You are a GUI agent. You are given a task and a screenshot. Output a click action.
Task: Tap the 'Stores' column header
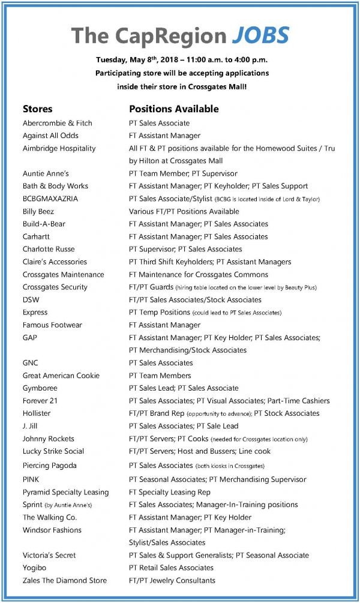37,109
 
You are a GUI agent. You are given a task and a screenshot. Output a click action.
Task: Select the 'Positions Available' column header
173,109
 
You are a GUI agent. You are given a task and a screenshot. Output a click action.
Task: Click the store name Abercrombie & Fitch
57,123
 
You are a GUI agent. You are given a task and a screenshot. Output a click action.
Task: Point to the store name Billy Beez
38,211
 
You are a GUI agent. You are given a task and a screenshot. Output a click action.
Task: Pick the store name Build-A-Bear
44,224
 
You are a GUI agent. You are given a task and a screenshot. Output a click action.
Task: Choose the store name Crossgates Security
55,287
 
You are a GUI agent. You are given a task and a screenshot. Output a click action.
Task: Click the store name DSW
31,299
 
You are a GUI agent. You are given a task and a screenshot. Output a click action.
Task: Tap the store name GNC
31,362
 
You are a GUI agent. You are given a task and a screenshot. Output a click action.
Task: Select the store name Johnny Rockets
48,439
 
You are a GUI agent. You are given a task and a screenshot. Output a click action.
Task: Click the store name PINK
31,479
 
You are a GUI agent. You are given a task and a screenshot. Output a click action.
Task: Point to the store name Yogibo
35,568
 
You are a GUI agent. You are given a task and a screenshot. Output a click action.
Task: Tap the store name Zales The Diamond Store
64,580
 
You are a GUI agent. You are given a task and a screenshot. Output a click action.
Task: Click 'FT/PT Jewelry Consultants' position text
172,580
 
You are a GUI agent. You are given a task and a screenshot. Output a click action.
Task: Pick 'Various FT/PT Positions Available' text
184,211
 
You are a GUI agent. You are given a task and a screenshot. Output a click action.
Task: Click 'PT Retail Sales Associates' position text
171,568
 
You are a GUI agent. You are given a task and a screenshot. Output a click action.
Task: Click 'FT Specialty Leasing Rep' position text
169,492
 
